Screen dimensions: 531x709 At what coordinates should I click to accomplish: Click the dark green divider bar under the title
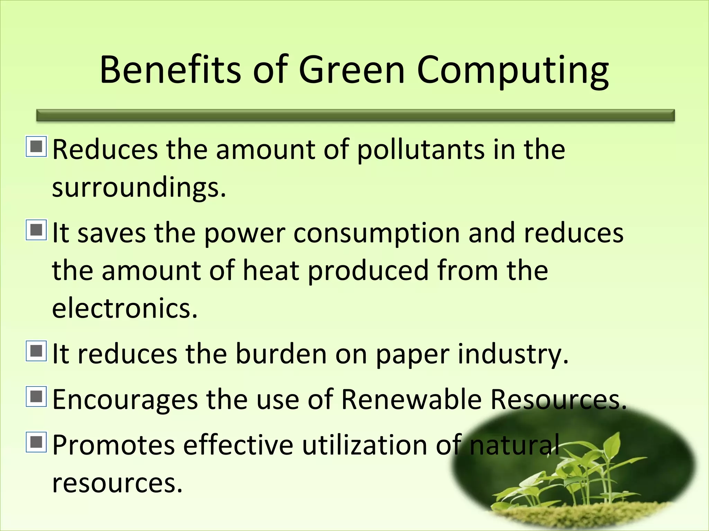tap(355, 115)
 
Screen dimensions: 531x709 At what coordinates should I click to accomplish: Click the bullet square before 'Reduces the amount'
tap(36, 146)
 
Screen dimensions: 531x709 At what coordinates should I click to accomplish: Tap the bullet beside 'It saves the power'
tap(36, 230)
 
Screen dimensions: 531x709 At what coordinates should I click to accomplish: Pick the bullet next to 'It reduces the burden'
tap(36, 351)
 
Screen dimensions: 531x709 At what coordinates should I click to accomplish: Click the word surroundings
tap(139, 188)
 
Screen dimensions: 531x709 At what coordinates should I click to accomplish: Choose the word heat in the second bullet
tap(271, 270)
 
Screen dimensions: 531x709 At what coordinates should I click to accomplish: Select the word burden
tap(281, 354)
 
